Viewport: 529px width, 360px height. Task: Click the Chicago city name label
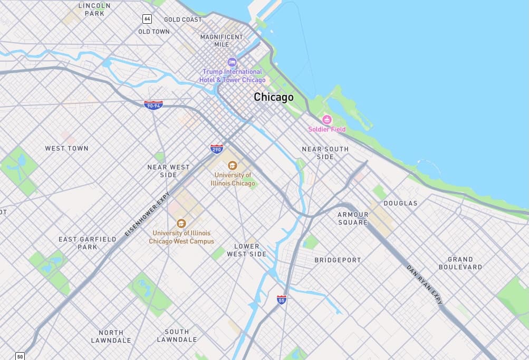(x=273, y=97)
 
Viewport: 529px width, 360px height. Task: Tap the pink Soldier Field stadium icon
(x=327, y=120)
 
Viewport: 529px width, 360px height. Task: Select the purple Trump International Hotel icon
(x=232, y=63)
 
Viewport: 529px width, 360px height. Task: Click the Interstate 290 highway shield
(x=216, y=149)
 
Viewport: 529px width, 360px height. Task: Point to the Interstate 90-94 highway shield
(x=153, y=105)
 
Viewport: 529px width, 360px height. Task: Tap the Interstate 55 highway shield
(x=282, y=299)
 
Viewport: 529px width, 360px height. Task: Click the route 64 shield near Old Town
(x=147, y=19)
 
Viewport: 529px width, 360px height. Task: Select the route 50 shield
(x=20, y=356)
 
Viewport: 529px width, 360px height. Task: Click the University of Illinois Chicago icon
(x=233, y=166)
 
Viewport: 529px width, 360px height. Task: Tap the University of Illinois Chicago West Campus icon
(x=181, y=223)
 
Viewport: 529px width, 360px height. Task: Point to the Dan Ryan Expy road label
(x=425, y=285)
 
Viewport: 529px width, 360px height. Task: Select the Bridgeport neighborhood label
(x=338, y=260)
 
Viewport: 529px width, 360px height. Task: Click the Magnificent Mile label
(x=222, y=41)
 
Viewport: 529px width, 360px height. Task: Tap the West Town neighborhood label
(x=66, y=149)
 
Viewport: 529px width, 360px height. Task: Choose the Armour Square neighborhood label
(x=353, y=218)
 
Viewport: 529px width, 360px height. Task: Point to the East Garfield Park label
(x=87, y=243)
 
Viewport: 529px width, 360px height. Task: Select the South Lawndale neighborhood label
(x=177, y=336)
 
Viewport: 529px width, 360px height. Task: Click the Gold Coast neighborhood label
(x=182, y=20)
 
